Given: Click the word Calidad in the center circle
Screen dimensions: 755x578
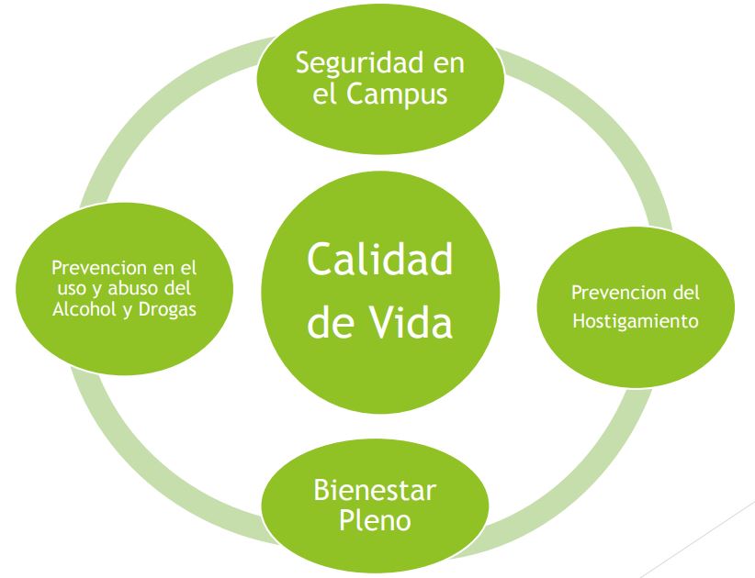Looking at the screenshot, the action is point(380,259).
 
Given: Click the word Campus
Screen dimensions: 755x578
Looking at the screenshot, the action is point(397,94).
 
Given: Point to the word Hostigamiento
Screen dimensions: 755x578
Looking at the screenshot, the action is point(636,321).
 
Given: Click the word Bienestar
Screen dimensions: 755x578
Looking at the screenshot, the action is point(375,490).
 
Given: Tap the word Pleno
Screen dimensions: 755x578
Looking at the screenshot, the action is point(375,520).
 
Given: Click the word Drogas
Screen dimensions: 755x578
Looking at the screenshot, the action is point(167,310).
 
